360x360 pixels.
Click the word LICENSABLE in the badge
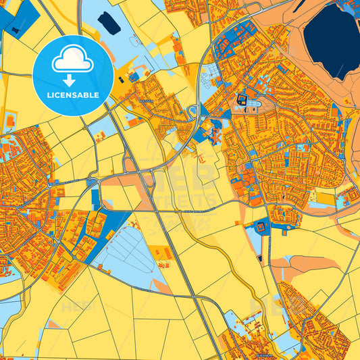click(73, 95)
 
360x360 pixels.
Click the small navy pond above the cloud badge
click(109, 24)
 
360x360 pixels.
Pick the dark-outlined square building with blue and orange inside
click(242, 101)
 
